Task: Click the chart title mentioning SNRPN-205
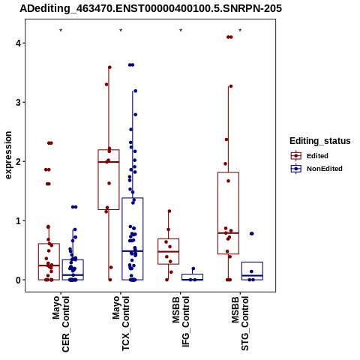click(x=151, y=8)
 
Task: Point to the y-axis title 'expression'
click(x=8, y=155)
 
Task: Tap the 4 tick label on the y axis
click(x=18, y=43)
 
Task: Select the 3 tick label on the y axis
click(x=18, y=102)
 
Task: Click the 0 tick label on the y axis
click(x=18, y=280)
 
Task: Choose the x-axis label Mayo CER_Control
click(x=61, y=324)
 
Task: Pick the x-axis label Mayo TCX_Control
click(x=121, y=323)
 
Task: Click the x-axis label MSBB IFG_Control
click(x=181, y=322)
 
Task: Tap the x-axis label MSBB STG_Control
click(x=240, y=323)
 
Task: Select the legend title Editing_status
click(x=320, y=141)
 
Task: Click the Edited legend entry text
click(x=317, y=156)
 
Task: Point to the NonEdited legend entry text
click(x=325, y=169)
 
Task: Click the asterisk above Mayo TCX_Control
click(x=121, y=31)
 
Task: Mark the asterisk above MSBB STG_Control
click(x=240, y=31)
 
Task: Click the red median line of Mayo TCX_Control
click(x=109, y=162)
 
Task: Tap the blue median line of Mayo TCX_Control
click(x=133, y=251)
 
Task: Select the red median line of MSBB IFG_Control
click(x=169, y=252)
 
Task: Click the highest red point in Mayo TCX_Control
click(x=109, y=67)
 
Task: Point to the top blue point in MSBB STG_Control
click(x=252, y=234)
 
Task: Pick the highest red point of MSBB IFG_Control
click(x=169, y=211)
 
